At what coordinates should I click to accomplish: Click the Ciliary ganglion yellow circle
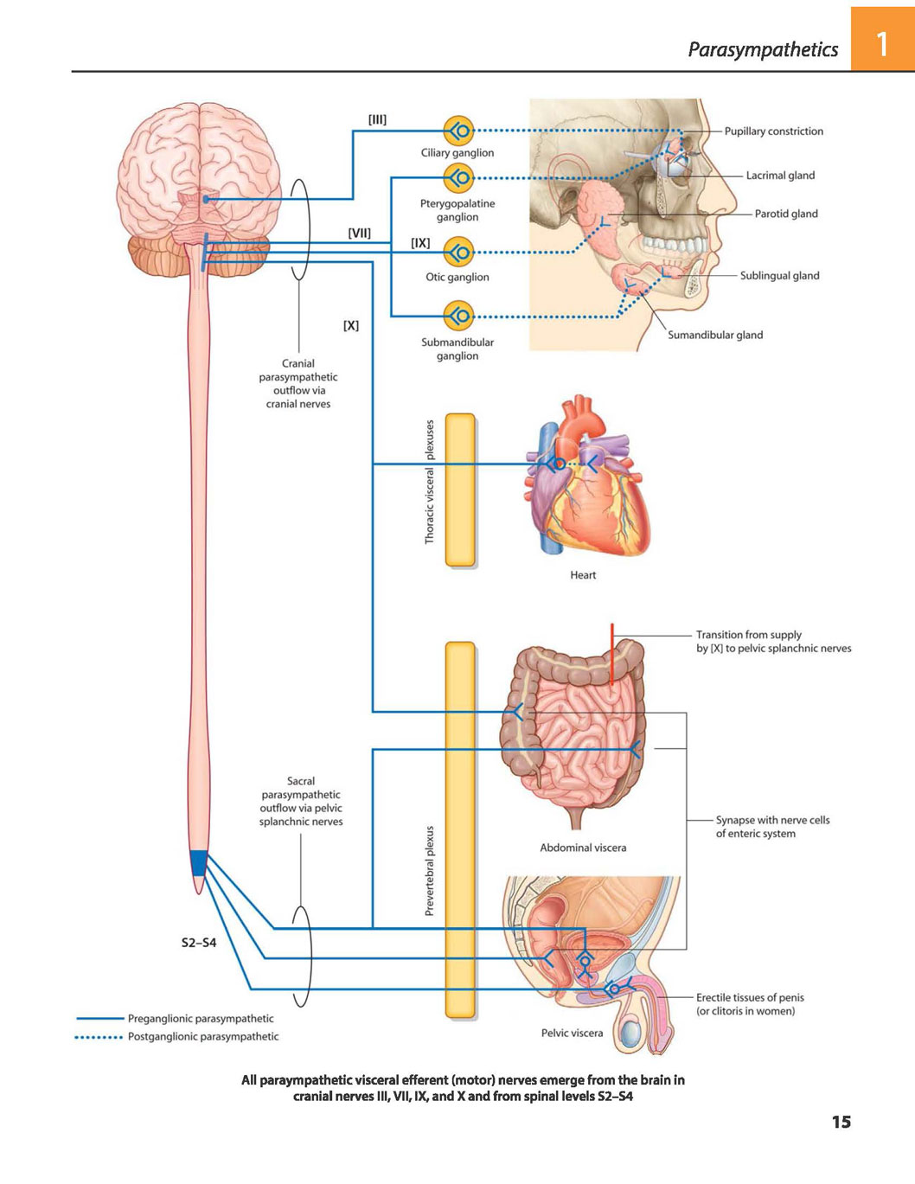coord(458,131)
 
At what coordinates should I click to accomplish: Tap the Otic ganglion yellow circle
coord(458,253)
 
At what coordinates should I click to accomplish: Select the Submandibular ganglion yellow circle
coord(458,316)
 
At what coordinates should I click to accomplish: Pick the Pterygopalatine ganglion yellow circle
coord(458,177)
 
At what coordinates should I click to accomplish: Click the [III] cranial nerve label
coord(377,119)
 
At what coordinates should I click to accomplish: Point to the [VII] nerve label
coord(359,234)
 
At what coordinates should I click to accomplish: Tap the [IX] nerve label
coord(420,243)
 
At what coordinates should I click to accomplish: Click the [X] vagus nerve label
coord(351,326)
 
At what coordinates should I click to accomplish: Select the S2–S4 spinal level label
coord(199,943)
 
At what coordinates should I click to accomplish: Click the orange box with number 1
coord(883,39)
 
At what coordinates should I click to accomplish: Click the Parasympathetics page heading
coord(763,49)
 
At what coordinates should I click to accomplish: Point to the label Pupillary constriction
coord(773,131)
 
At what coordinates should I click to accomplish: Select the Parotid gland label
coord(786,214)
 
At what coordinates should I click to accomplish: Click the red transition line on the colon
coord(611,654)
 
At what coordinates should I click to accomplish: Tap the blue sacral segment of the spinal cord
coord(199,862)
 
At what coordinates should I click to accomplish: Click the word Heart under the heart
coord(583,575)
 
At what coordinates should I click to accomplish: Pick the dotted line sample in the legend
coord(99,1037)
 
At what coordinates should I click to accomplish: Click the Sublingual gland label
coord(779,276)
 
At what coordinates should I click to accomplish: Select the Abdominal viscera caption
coord(583,848)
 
